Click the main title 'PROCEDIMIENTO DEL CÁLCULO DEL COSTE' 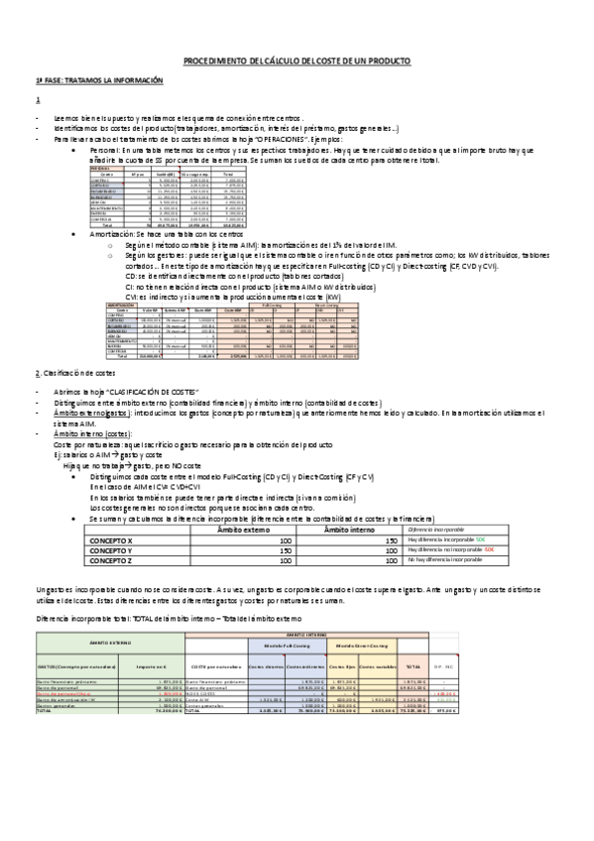click(x=297, y=61)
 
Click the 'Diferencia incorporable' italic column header click(x=437, y=530)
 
